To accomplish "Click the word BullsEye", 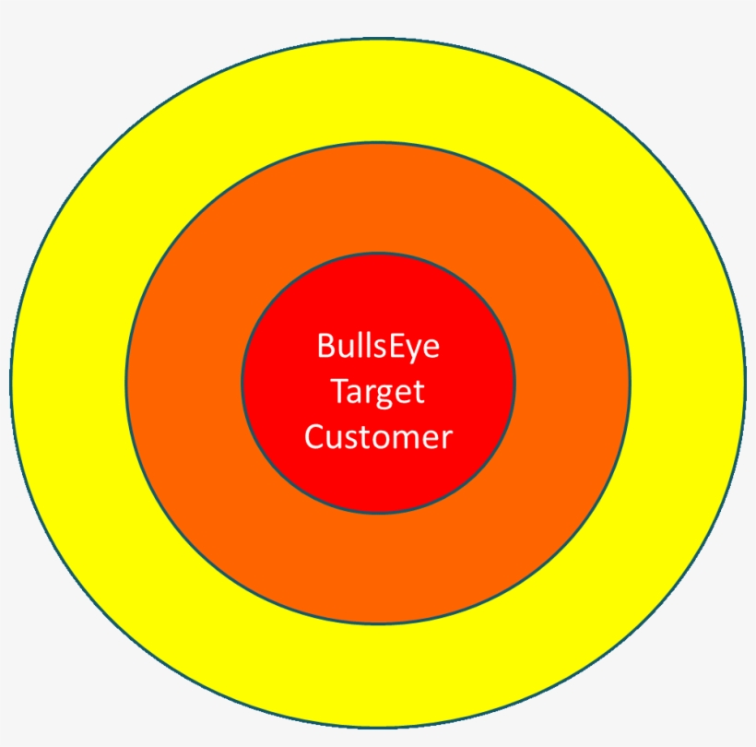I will (378, 347).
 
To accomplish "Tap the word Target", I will (378, 392).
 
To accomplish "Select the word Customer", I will (378, 436).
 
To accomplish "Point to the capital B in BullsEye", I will (325, 347).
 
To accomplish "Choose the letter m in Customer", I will (399, 438).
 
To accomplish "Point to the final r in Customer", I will (447, 438).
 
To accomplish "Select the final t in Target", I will (419, 392).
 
